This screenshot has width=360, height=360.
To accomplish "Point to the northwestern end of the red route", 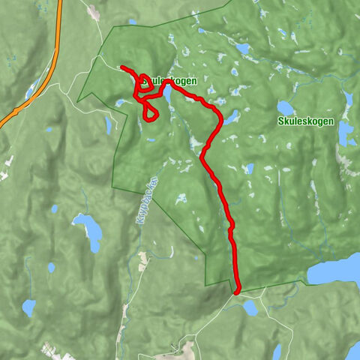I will pyautogui.click(x=121, y=67).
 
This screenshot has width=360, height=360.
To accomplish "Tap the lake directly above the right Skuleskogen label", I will pyautogui.click(x=286, y=108).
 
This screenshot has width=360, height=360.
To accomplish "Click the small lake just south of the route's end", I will pyautogui.click(x=250, y=307).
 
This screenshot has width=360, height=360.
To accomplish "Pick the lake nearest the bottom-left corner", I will pyautogui.click(x=29, y=307).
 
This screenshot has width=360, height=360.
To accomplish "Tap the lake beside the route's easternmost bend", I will pyautogui.click(x=231, y=117).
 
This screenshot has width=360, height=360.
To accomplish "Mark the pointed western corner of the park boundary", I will pyautogui.click(x=78, y=94).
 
